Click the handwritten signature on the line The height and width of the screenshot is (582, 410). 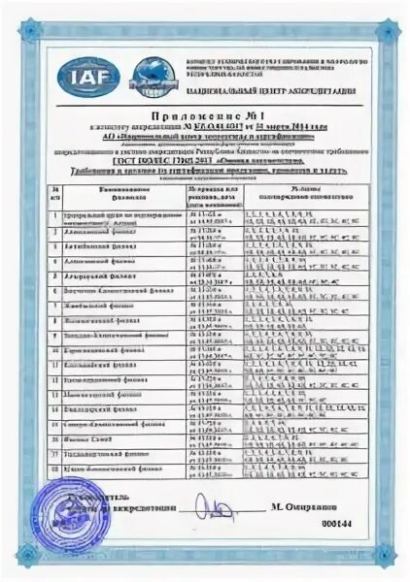206,505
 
